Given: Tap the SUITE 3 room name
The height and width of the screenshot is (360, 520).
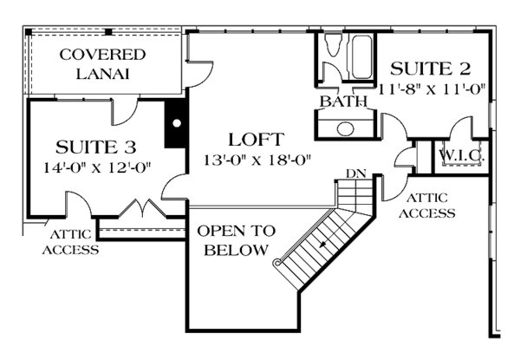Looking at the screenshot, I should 95,146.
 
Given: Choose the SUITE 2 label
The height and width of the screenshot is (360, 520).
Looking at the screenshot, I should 431,69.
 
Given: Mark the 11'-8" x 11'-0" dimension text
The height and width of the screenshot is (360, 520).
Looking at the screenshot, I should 431,88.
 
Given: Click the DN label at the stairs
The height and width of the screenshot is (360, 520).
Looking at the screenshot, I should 355,173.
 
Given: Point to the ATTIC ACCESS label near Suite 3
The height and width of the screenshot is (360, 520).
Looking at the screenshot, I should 74,243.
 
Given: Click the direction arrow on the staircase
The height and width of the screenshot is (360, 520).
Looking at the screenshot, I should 322,245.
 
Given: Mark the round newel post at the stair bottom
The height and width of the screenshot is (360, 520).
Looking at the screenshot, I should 276,262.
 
